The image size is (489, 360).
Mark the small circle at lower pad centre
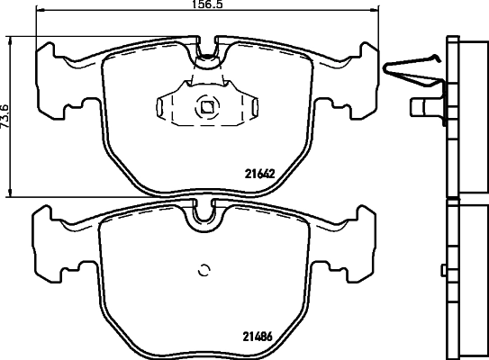pyautogui.click(x=204, y=267)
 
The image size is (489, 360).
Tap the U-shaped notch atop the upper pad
pyautogui.click(x=208, y=57)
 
